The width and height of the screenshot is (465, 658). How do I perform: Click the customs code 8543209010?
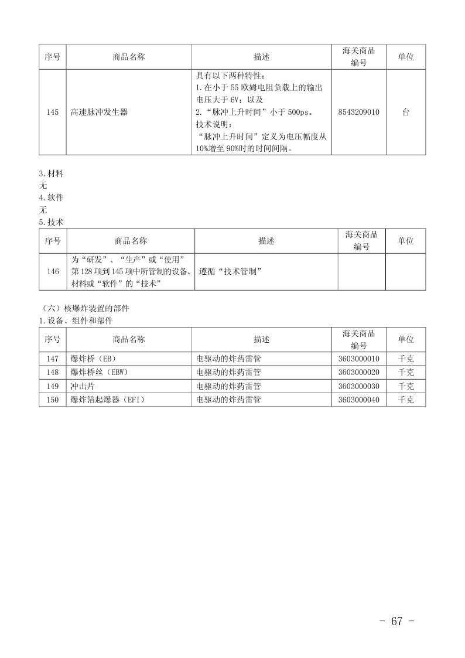point(358,112)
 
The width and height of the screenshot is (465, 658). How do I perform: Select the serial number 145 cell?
point(52,112)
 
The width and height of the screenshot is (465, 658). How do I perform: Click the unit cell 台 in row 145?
point(405,112)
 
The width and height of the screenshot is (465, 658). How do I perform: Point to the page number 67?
point(397,622)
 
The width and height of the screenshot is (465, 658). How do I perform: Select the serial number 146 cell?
point(53,271)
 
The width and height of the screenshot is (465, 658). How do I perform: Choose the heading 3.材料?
point(52,174)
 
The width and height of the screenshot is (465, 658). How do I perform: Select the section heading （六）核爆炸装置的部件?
point(86,308)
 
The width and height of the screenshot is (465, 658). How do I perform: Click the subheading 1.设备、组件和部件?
point(76,321)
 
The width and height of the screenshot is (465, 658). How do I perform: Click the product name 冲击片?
point(81,386)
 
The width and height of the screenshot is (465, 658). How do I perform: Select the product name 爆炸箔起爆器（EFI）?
point(107,400)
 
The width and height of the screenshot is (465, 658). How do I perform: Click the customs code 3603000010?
point(358,359)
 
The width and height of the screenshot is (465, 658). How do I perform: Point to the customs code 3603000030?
point(358,386)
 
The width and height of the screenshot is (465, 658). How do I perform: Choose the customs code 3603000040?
point(358,400)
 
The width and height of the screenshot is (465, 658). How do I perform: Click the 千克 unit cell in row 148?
point(405,372)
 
